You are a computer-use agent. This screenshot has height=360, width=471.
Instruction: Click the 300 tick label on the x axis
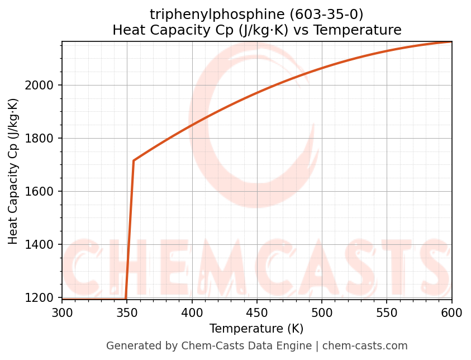pos(62,312)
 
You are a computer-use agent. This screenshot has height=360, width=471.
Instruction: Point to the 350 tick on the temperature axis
pos(127,312)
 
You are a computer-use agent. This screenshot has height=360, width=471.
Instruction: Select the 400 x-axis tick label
pos(192,312)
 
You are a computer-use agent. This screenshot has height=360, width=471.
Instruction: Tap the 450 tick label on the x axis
pos(257,312)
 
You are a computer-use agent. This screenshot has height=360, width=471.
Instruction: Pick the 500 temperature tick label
pos(322,312)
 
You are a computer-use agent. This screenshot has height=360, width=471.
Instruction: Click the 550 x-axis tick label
pos(387,312)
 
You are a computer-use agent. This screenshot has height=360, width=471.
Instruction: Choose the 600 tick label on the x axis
pos(451,312)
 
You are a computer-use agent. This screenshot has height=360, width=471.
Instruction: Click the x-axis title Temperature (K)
pos(256,329)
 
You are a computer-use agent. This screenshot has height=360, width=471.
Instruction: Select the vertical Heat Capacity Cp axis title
pos(13,171)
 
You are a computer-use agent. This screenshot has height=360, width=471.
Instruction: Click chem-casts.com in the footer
pos(365,346)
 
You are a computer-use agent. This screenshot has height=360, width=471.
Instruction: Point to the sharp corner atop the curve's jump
pos(134,161)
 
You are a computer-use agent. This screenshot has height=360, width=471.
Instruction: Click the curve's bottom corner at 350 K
pos(126,299)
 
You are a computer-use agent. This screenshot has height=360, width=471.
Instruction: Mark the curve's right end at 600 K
pos(451,42)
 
